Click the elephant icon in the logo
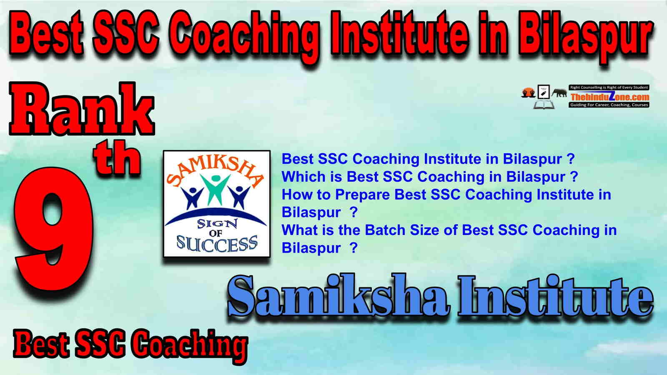pyautogui.click(x=559, y=93)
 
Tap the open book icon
pyautogui.click(x=544, y=105)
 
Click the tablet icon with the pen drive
pyautogui.click(x=544, y=92)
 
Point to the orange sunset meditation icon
pyautogui.click(x=529, y=92)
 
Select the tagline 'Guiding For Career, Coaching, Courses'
pyautogui.click(x=609, y=105)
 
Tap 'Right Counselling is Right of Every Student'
pyautogui.click(x=609, y=87)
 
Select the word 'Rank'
pyautogui.click(x=82, y=109)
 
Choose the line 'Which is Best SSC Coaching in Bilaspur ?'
pyautogui.click(x=430, y=177)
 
